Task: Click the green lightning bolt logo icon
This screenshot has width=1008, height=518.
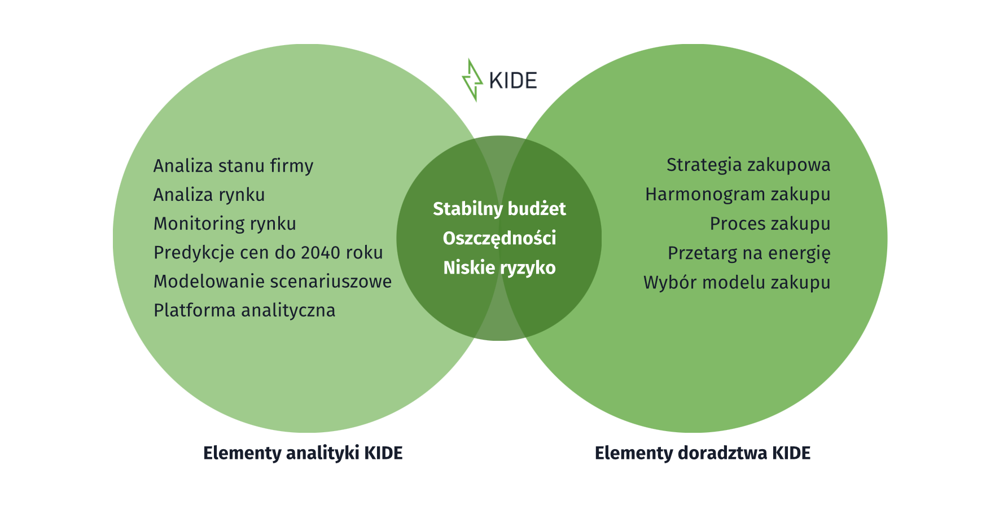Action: click(x=472, y=80)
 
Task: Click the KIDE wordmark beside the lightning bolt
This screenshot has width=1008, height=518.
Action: click(x=512, y=81)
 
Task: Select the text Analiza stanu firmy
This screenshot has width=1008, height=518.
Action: click(x=233, y=166)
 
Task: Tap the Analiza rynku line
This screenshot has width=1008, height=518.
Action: click(x=209, y=195)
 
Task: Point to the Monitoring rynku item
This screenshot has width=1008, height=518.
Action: click(x=225, y=223)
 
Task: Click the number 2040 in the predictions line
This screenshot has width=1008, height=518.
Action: click(x=320, y=252)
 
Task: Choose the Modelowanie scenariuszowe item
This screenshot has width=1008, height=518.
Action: click(x=273, y=281)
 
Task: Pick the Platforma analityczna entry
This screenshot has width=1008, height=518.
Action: click(x=244, y=310)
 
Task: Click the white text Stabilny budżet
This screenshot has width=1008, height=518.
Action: click(x=499, y=209)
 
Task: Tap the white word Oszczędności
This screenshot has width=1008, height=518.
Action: click(x=499, y=238)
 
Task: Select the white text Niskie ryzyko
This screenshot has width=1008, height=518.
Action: click(x=499, y=267)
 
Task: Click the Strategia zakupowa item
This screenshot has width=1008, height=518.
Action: click(x=748, y=165)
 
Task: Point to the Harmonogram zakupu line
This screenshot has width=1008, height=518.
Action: click(x=738, y=194)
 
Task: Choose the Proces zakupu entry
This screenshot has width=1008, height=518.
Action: click(x=770, y=223)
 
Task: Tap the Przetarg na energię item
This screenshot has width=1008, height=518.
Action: click(x=749, y=253)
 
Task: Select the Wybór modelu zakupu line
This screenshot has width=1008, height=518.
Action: click(x=737, y=282)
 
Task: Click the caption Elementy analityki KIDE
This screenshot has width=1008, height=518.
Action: click(x=303, y=453)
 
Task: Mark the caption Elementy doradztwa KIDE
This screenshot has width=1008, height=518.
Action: click(x=703, y=453)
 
